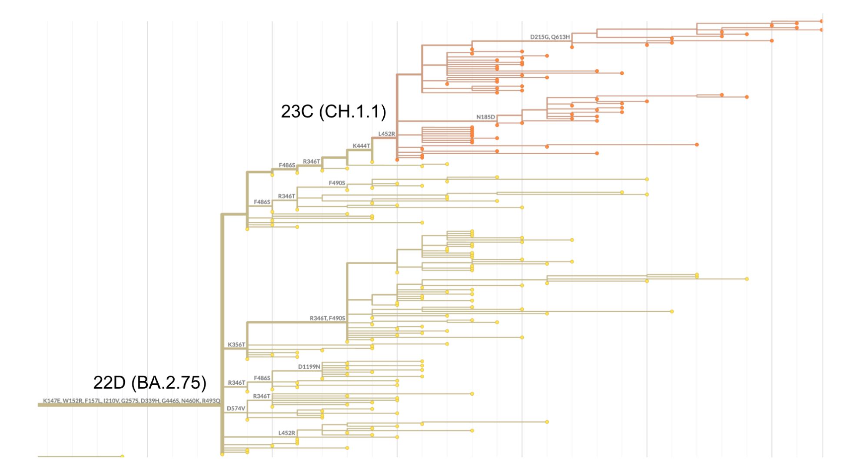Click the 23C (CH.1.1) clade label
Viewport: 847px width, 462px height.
(333, 112)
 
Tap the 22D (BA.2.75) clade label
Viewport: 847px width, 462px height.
(149, 383)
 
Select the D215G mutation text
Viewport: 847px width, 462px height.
(539, 37)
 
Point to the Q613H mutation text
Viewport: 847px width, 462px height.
(561, 37)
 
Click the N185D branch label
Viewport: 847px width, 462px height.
(485, 117)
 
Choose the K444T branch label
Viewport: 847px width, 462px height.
(361, 146)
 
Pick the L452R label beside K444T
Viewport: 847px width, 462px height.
(386, 134)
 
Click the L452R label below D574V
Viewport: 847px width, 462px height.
(286, 433)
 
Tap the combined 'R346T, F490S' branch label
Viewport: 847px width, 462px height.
(327, 318)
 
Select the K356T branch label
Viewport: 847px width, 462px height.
(236, 345)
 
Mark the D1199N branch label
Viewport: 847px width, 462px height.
(309, 367)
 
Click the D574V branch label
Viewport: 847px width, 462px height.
(236, 409)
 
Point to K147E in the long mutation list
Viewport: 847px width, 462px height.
(52, 401)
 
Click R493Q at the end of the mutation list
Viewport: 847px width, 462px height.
(211, 401)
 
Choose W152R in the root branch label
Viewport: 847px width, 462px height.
(73, 401)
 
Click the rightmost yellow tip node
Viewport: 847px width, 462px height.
(747, 279)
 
